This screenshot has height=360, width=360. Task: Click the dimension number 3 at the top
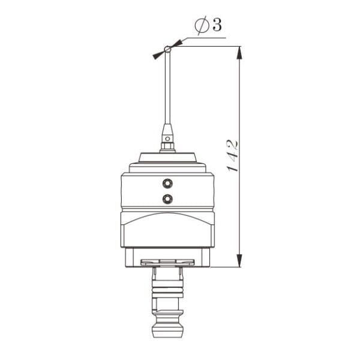[x=217, y=25]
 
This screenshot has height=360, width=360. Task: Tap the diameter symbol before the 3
[x=202, y=26]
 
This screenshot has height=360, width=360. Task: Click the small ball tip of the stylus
[x=168, y=49]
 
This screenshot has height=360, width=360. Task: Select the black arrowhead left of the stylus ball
[x=158, y=54]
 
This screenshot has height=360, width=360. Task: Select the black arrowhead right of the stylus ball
[x=177, y=44]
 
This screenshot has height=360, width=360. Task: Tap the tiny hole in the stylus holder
[x=168, y=137]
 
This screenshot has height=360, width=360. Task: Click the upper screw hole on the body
[x=167, y=182]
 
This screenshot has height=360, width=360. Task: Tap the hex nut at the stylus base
[x=168, y=146]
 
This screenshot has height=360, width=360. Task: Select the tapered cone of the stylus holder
[x=168, y=130]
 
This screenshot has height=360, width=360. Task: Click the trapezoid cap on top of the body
[x=168, y=158]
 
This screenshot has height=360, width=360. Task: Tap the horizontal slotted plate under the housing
[x=167, y=262]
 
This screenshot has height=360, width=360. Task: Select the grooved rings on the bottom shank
[x=168, y=293]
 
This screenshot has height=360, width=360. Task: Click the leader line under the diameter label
[x=204, y=38]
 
